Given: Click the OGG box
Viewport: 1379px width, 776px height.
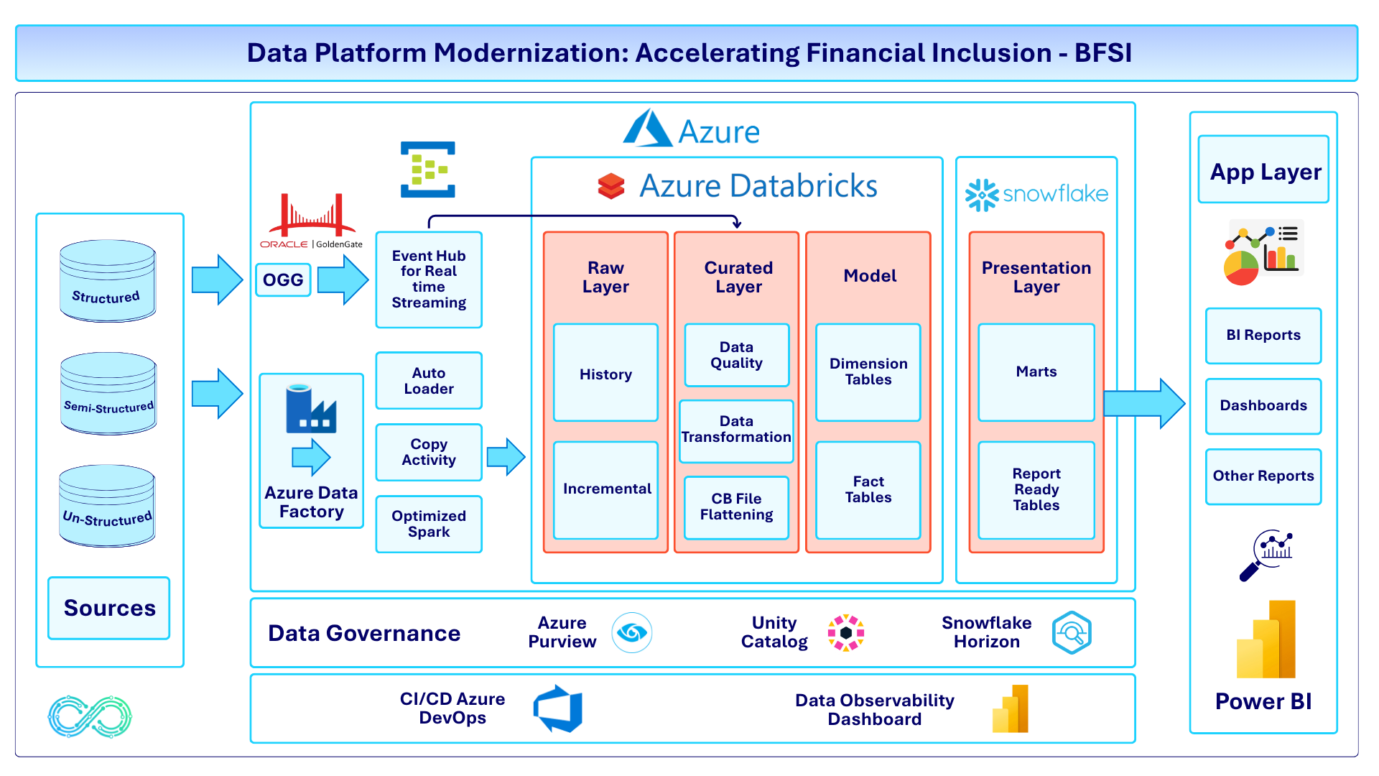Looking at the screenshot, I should (283, 280).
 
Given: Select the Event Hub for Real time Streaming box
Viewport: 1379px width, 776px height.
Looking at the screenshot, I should (429, 280).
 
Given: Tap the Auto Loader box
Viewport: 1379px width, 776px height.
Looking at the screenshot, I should (429, 381).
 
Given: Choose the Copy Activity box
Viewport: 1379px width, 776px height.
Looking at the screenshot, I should (429, 452).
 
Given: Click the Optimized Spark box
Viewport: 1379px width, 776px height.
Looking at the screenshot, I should (429, 524).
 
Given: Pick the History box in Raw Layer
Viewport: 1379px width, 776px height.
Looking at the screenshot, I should (605, 373).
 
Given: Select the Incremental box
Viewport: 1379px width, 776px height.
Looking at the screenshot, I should (605, 489).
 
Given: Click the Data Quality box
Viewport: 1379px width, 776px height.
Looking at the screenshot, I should (736, 355).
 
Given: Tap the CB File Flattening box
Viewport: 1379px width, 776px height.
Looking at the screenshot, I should (736, 507).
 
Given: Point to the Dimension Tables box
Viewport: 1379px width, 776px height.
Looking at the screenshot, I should (868, 372).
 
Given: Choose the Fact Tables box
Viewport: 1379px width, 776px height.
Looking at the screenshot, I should (868, 490).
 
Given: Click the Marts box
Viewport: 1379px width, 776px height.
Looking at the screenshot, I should (1036, 372).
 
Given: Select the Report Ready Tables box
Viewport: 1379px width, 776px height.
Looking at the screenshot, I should (1036, 490).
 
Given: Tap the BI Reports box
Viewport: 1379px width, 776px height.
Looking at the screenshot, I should (1263, 336).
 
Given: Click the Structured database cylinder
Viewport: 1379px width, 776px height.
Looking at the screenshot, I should (108, 280).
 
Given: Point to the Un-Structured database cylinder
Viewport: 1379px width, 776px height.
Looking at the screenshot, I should (107, 505).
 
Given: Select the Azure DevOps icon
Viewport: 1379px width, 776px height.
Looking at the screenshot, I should (558, 708).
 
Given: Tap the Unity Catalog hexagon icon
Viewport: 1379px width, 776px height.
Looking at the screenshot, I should (845, 633).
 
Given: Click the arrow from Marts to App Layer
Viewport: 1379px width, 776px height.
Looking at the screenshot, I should (1143, 404).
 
